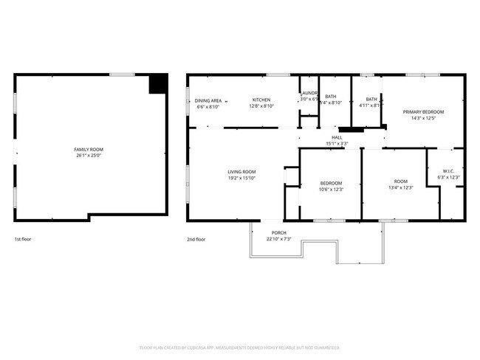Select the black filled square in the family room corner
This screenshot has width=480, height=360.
[158, 83]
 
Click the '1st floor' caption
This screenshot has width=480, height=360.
[23, 239]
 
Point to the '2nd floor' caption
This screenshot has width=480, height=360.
[196, 239]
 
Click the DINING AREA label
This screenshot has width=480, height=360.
[208, 100]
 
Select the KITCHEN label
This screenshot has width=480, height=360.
[261, 100]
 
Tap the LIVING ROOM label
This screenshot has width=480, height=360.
[241, 172]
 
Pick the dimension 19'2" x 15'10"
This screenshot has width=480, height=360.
[241, 178]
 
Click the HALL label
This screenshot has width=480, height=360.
[337, 137]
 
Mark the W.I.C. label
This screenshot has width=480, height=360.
[449, 171]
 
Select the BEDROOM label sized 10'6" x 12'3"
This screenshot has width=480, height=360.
[331, 183]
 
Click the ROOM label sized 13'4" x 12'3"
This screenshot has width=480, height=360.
[400, 181]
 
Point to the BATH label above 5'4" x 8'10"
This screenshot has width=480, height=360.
[330, 97]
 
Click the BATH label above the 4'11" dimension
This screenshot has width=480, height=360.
[371, 100]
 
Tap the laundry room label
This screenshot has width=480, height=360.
[309, 93]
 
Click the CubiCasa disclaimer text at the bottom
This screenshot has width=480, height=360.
[240, 347]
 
